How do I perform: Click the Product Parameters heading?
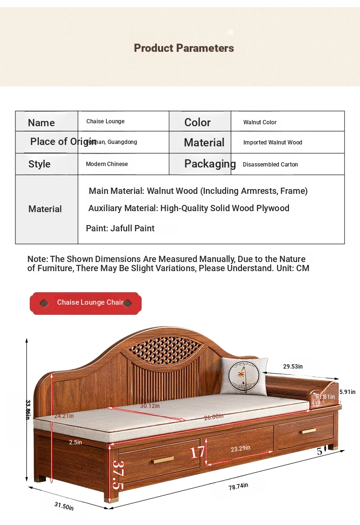coord(184,48)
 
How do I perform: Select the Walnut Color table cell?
coord(260,122)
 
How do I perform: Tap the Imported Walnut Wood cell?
coord(272,143)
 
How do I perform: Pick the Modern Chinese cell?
coord(107,164)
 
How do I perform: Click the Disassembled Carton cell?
coord(270,165)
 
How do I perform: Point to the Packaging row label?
coord(210,164)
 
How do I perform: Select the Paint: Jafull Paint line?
coord(120,228)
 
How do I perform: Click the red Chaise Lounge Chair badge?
coord(85,303)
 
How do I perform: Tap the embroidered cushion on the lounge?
coord(243,377)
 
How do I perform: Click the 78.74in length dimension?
coord(238,486)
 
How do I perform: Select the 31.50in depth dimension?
coord(64,505)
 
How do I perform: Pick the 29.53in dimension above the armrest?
coord(293,367)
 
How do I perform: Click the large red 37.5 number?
coord(115,474)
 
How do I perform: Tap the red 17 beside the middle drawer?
coord(197,452)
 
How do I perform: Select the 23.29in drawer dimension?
coord(240,448)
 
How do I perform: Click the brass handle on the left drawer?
coord(163,460)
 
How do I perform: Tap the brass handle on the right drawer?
coord(309,431)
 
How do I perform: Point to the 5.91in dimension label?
coord(347,392)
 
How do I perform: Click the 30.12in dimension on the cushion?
coord(149,406)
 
